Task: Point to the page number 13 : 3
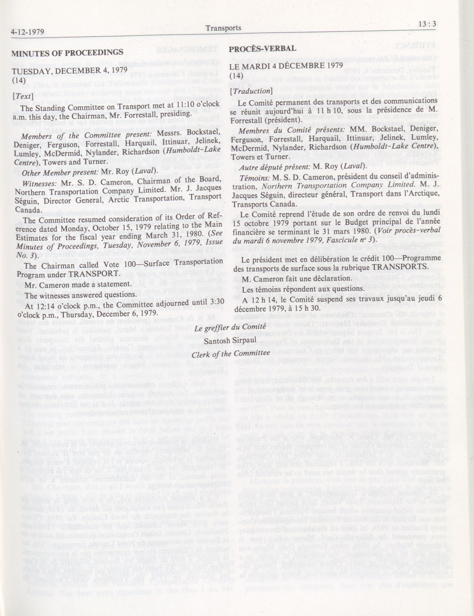pos(428,25)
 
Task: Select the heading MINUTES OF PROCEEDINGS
pos(67,52)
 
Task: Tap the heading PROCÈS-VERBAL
pos(263,48)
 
